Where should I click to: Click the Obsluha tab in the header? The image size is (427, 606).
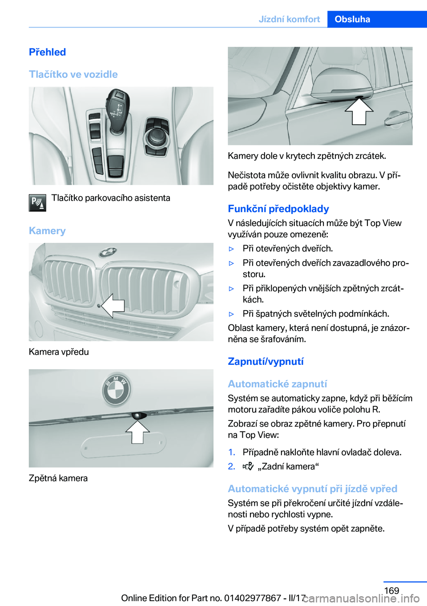click(352, 19)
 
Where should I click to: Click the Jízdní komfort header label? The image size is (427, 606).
click(289, 19)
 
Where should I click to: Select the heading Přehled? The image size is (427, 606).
click(48, 52)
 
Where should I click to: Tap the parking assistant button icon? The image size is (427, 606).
click(37, 202)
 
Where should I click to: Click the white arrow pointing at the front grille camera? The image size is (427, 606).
click(113, 305)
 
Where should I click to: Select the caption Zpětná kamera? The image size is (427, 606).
click(58, 478)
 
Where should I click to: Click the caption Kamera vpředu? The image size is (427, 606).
click(59, 352)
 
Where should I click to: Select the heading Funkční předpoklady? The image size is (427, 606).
click(278, 209)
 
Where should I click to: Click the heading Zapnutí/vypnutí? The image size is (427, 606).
click(266, 361)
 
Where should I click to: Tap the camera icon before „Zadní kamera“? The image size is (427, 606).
click(248, 466)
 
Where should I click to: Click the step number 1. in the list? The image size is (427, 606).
click(231, 452)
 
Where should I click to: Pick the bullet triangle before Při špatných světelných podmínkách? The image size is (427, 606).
click(231, 314)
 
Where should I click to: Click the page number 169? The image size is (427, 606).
click(391, 590)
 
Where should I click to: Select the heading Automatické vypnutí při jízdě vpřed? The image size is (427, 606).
click(312, 489)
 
